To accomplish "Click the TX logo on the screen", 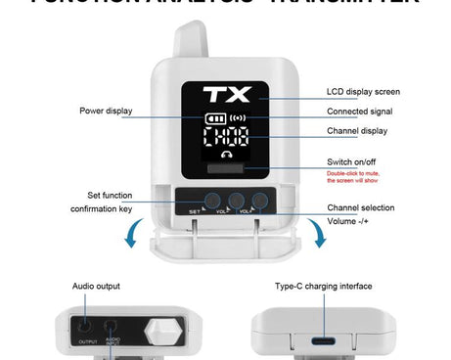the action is click(x=226, y=96).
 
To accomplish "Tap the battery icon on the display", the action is click(x=214, y=118).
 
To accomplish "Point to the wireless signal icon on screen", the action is click(x=238, y=118).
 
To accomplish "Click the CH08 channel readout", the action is click(x=226, y=136).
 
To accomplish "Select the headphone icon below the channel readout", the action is click(x=226, y=155).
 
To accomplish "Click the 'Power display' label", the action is click(x=106, y=111).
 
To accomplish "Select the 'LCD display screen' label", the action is click(x=363, y=92).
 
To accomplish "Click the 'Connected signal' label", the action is click(x=361, y=112).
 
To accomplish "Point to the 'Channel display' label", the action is click(x=358, y=131).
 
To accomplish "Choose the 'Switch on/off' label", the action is click(x=352, y=161).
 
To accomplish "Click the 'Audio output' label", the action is click(x=96, y=287).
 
